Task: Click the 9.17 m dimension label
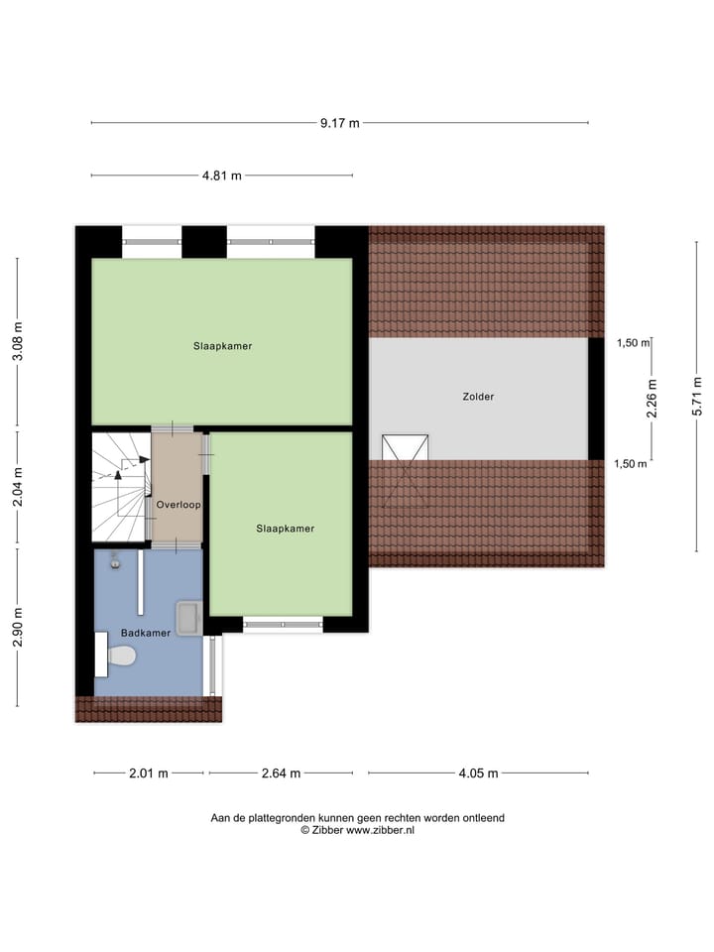pyautogui.click(x=339, y=123)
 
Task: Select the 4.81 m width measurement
pyautogui.click(x=222, y=176)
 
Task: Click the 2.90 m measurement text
pyautogui.click(x=17, y=626)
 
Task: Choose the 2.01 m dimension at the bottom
pyautogui.click(x=148, y=773)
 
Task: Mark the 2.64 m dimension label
pyautogui.click(x=281, y=773)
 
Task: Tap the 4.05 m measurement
pyautogui.click(x=477, y=773)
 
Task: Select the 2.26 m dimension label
pyautogui.click(x=652, y=399)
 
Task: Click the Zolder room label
pyautogui.click(x=478, y=397)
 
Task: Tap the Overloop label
pyautogui.click(x=178, y=505)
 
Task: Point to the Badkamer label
pyautogui.click(x=145, y=632)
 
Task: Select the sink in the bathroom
pyautogui.click(x=187, y=617)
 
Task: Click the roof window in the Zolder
pyautogui.click(x=406, y=447)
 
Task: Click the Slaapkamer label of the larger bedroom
pyautogui.click(x=222, y=346)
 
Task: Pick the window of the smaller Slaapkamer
pyautogui.click(x=283, y=625)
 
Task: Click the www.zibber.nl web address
pyautogui.click(x=380, y=830)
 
